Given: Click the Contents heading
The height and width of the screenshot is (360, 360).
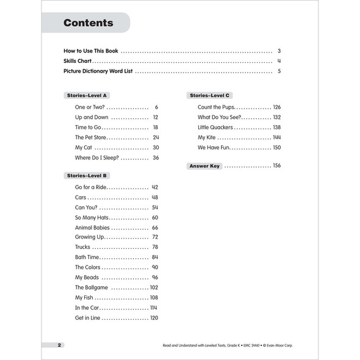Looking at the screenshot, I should (x=88, y=23).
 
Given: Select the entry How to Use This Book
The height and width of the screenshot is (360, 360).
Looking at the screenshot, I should (x=91, y=51).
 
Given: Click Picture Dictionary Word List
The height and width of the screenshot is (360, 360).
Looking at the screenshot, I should (x=98, y=71).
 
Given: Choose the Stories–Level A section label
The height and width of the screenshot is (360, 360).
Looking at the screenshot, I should (x=86, y=96).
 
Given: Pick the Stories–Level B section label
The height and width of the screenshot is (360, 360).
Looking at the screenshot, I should (x=86, y=176).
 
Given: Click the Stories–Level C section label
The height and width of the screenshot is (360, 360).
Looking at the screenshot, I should (x=209, y=96).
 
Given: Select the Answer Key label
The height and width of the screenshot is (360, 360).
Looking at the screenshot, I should (x=204, y=166).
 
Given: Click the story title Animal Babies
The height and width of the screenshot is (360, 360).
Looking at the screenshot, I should (x=92, y=228).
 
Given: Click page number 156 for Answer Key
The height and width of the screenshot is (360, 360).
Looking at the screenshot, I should (x=276, y=166).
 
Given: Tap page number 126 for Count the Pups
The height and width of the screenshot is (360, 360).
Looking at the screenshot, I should (x=276, y=107).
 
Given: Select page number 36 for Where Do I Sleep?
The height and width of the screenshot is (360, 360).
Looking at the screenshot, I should (x=156, y=157).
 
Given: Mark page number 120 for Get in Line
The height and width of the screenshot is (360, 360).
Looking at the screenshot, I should (x=154, y=318).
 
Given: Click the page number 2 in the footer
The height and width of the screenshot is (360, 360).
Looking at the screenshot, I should (x=59, y=345).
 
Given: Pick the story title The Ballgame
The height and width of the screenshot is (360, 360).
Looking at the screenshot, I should (x=92, y=287).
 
